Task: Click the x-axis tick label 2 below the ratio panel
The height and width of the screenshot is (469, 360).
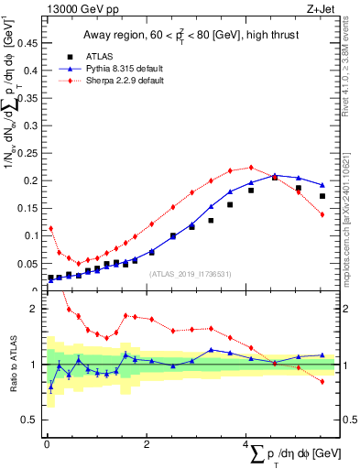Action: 147,444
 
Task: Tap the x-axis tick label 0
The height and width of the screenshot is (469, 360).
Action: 47,444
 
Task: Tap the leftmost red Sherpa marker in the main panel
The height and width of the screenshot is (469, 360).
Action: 50,228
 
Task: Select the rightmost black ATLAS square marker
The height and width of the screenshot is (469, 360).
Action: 322,196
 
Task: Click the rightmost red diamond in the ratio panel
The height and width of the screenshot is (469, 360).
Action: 322,381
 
